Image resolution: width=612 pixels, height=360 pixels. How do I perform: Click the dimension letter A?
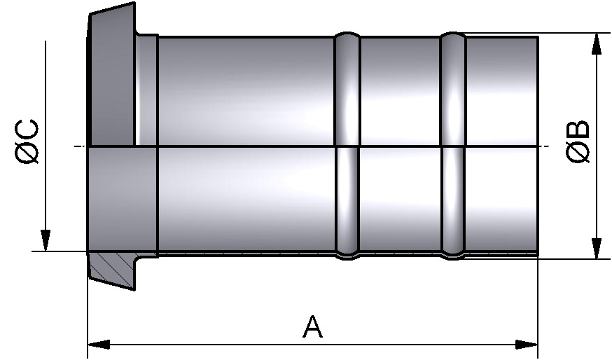pyautogui.click(x=312, y=326)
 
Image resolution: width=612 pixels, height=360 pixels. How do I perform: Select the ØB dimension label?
pyautogui.click(x=578, y=143)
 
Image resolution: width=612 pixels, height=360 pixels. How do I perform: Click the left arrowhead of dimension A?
pyautogui.click(x=99, y=345)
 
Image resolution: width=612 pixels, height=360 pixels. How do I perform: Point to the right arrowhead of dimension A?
pyautogui.click(x=527, y=345)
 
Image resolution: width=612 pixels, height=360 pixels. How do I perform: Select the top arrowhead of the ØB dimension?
pyautogui.click(x=596, y=43)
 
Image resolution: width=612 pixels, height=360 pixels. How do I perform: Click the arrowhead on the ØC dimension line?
pyautogui.click(x=46, y=240)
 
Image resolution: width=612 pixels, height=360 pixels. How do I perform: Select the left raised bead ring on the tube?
pyautogui.click(x=347, y=144)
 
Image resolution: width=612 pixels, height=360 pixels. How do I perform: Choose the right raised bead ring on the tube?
pyautogui.click(x=453, y=144)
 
